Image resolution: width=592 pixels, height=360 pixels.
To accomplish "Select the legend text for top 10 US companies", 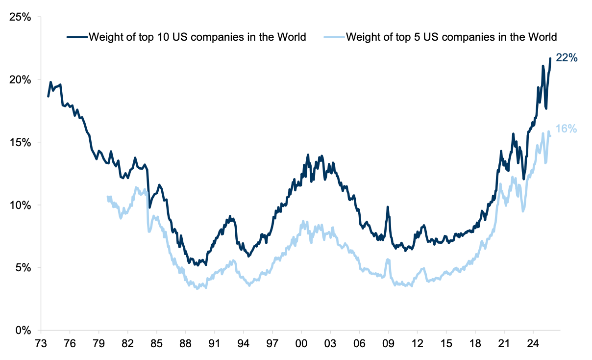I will [x=197, y=37].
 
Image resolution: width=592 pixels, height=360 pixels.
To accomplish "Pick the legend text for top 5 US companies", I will [x=451, y=37].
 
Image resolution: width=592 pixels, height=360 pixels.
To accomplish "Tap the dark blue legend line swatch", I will [x=77, y=37].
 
